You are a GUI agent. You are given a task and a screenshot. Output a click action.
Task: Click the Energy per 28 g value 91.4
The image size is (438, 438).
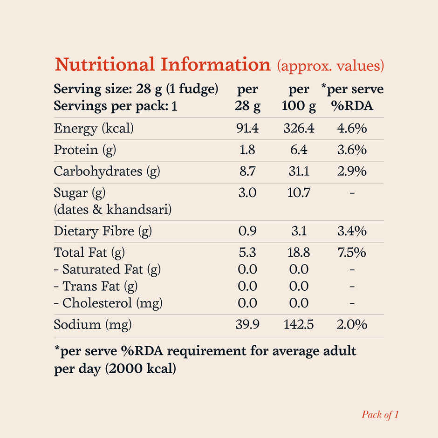[x=247, y=128]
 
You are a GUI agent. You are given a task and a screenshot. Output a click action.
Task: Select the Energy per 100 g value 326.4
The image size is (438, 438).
[x=299, y=128]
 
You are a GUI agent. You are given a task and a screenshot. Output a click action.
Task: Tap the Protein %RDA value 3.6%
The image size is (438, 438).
[x=352, y=150]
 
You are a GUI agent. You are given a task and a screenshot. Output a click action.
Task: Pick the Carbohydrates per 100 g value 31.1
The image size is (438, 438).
[x=299, y=171]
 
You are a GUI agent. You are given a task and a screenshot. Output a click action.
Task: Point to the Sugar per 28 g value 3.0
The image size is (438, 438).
[x=247, y=193]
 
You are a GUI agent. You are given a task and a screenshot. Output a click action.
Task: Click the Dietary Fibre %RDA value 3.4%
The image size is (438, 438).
[x=352, y=231]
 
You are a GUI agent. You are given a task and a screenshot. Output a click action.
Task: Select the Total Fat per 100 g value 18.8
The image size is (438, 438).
[x=299, y=253]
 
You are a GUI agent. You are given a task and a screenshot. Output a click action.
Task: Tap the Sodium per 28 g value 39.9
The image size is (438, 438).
[x=247, y=325]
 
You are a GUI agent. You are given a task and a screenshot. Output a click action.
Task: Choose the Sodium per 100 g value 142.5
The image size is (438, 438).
[x=299, y=325]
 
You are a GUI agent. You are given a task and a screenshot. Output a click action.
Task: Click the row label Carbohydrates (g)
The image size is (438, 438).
[x=107, y=171]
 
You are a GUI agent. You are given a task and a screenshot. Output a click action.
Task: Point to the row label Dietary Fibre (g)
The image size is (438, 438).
[x=103, y=231]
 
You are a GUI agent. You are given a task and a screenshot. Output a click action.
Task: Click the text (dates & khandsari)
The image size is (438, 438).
[x=113, y=210]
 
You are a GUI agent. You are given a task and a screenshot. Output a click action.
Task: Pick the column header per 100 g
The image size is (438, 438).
[x=299, y=97]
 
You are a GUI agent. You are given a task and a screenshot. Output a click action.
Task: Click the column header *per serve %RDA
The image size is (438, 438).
[x=352, y=97]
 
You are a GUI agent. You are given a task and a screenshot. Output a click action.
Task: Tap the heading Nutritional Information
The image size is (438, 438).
[x=163, y=64]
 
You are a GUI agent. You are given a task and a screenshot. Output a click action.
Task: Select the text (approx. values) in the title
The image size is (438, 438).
[x=330, y=65]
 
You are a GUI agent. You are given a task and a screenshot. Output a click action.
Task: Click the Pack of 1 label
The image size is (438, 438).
[x=380, y=415]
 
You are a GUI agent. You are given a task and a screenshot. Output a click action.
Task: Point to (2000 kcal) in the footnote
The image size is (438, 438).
[x=140, y=370]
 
